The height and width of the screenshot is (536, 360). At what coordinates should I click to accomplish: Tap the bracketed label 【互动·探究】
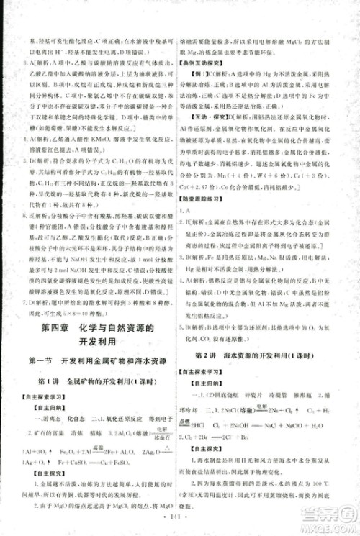204,134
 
